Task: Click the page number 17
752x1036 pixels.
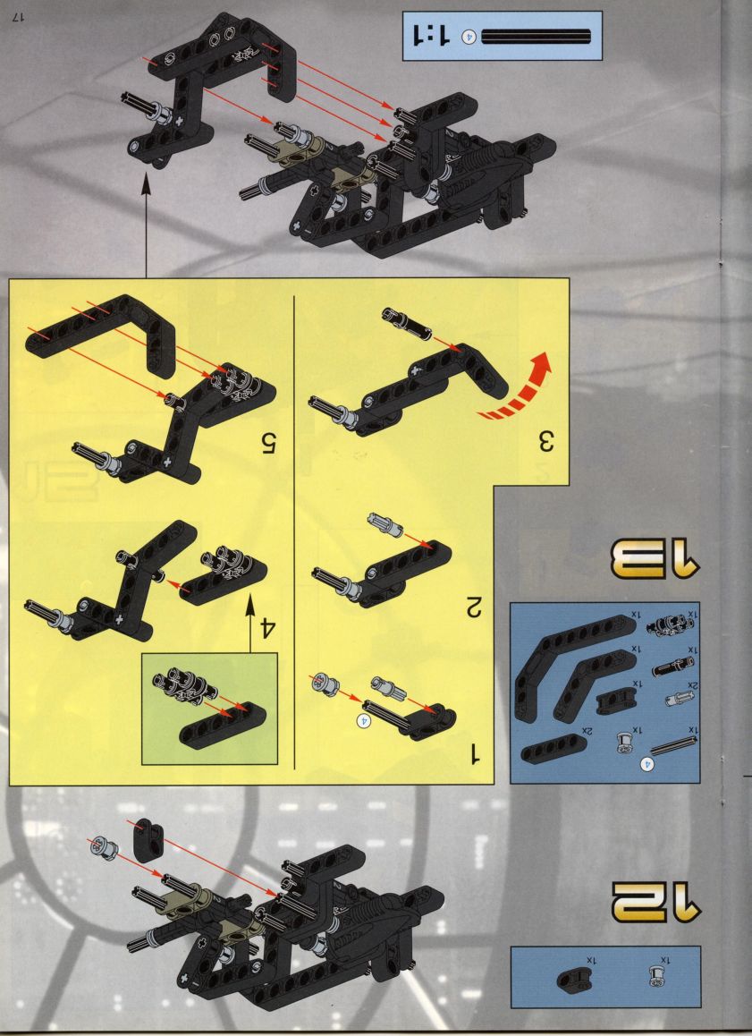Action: [x=18, y=17]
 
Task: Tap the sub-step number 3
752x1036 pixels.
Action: [x=544, y=441]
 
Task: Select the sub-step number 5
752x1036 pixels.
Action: [x=266, y=444]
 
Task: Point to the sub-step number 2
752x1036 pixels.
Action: [x=473, y=607]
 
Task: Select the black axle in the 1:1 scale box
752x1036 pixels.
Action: [x=537, y=37]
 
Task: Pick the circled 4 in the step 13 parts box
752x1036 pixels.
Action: [x=647, y=764]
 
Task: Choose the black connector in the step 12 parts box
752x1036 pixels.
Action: [x=571, y=979]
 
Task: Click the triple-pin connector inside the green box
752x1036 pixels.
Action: [x=183, y=684]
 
